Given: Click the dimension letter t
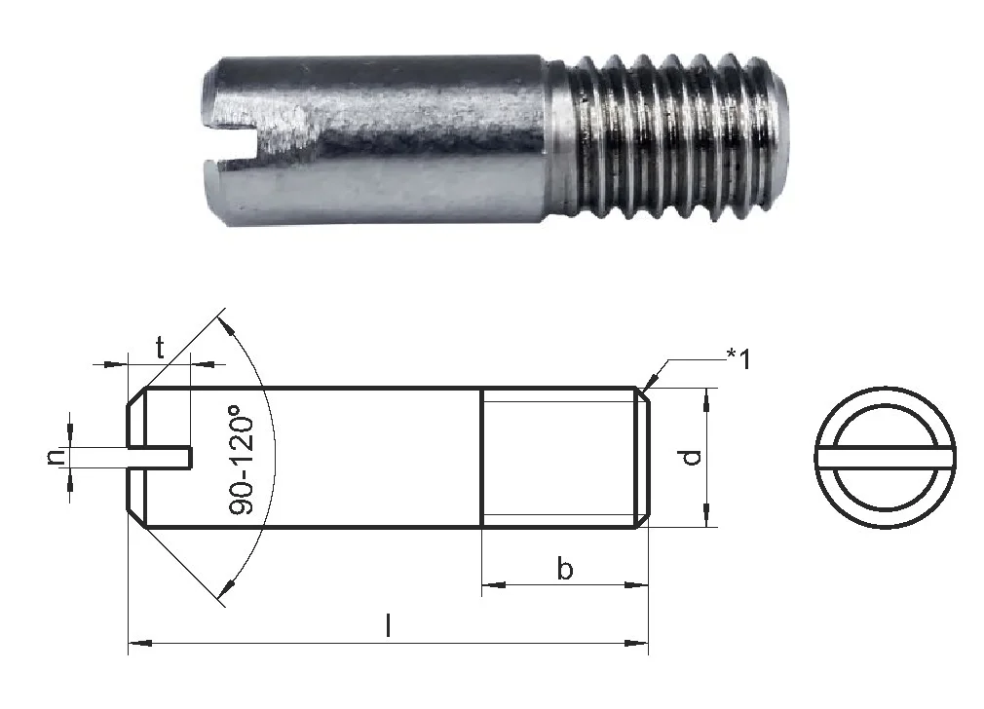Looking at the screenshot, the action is click(x=160, y=347).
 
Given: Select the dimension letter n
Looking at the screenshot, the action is click(x=56, y=456).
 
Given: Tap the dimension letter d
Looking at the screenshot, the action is click(x=691, y=457).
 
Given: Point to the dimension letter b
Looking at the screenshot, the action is click(x=565, y=569).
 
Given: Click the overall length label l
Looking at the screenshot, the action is click(x=389, y=625).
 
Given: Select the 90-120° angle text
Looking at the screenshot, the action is click(x=243, y=461).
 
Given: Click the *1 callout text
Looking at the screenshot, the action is click(x=738, y=359).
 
